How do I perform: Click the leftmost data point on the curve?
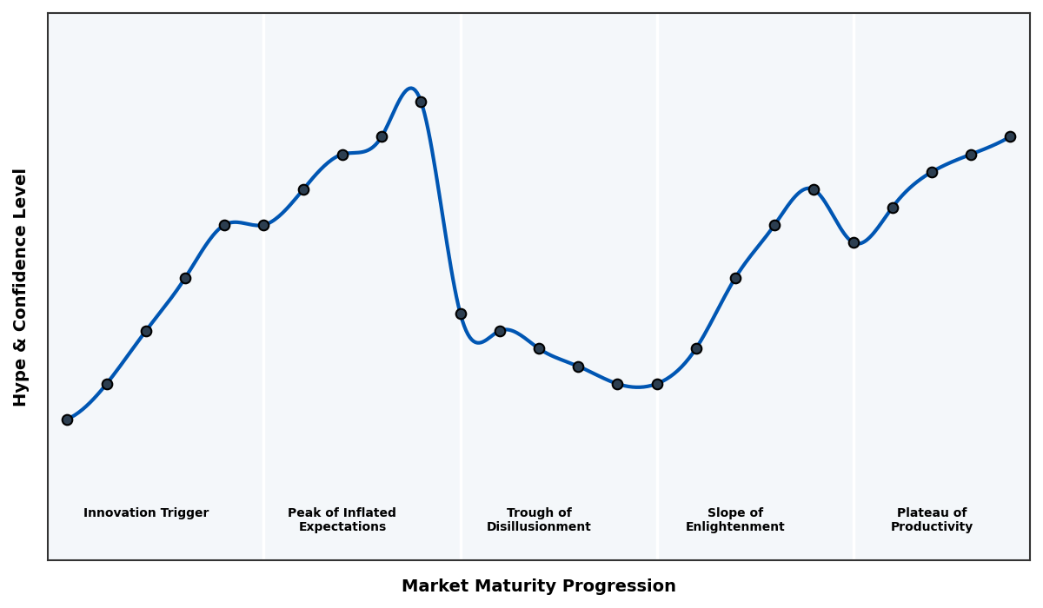[67, 420]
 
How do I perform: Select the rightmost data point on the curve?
[1010, 136]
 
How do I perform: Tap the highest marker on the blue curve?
[421, 102]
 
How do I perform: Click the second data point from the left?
[107, 384]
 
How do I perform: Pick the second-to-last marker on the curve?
[971, 155]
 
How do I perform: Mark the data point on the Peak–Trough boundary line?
[461, 314]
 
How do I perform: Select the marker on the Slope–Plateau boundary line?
[854, 242]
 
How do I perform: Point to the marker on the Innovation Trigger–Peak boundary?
[263, 225]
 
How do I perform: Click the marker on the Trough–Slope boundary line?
[657, 384]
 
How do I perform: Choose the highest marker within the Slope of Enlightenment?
[814, 189]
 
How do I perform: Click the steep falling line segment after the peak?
[441, 208]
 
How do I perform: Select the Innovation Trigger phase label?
[146, 513]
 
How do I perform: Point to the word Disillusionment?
[539, 527]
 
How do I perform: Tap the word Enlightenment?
[735, 527]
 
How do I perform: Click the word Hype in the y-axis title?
[21, 385]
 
